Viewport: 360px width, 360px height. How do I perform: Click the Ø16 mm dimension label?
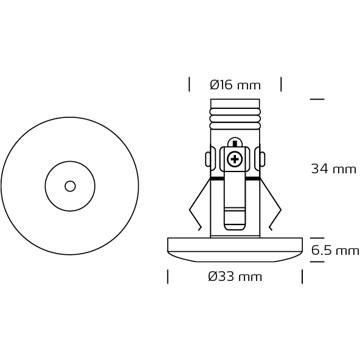coord(235,85)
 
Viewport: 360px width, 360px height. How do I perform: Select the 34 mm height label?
coord(334,169)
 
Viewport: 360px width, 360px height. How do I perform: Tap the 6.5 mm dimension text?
coord(335,250)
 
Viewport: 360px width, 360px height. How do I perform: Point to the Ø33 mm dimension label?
coord(235,276)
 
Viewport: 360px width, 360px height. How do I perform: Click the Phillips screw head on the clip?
coord(235,159)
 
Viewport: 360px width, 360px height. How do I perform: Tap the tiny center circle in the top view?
coord(70,186)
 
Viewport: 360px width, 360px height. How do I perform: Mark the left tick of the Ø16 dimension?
coord(189,84)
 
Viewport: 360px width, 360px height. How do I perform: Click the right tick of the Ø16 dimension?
coord(281,84)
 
